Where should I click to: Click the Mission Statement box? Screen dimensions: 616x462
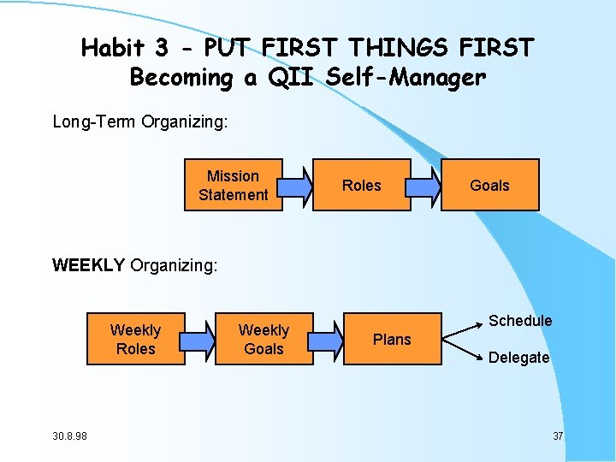234,185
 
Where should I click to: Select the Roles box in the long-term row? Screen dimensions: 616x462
362,185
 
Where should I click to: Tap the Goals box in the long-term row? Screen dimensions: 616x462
489,185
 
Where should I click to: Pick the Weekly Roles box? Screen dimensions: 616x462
135,339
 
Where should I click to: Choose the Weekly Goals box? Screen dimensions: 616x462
264,339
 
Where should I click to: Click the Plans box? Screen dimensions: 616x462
392,339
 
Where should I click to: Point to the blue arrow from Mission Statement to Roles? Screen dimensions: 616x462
295,185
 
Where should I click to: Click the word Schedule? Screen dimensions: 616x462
520,321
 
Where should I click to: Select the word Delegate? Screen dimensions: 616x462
518,358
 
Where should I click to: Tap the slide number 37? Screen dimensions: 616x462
558,436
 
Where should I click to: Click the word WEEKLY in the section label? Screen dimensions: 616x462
88,265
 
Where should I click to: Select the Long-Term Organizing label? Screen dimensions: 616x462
140,121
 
